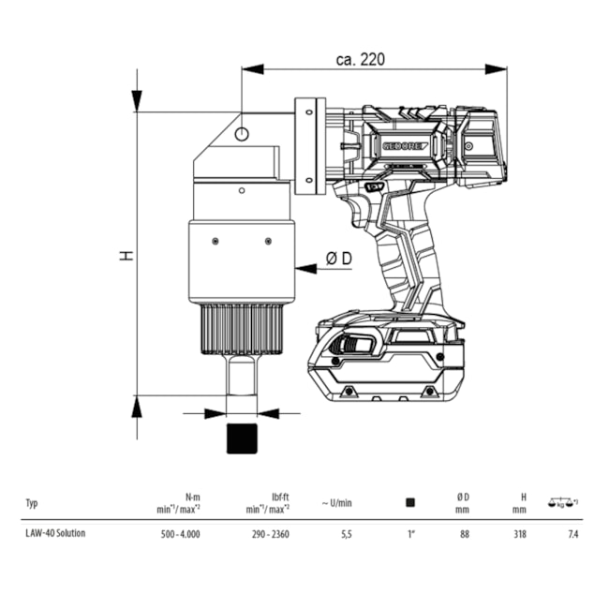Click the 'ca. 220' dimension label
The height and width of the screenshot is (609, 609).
(360, 59)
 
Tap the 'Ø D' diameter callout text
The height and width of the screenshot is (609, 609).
(338, 259)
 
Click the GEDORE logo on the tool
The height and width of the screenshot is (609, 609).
(404, 145)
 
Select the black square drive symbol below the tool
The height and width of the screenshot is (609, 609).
(242, 438)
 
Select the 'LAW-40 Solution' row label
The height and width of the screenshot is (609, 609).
(54, 533)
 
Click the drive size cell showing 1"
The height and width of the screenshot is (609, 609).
(410, 534)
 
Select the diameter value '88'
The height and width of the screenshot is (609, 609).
(463, 534)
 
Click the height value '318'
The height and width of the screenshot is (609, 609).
(519, 534)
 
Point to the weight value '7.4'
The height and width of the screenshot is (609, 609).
(572, 534)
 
